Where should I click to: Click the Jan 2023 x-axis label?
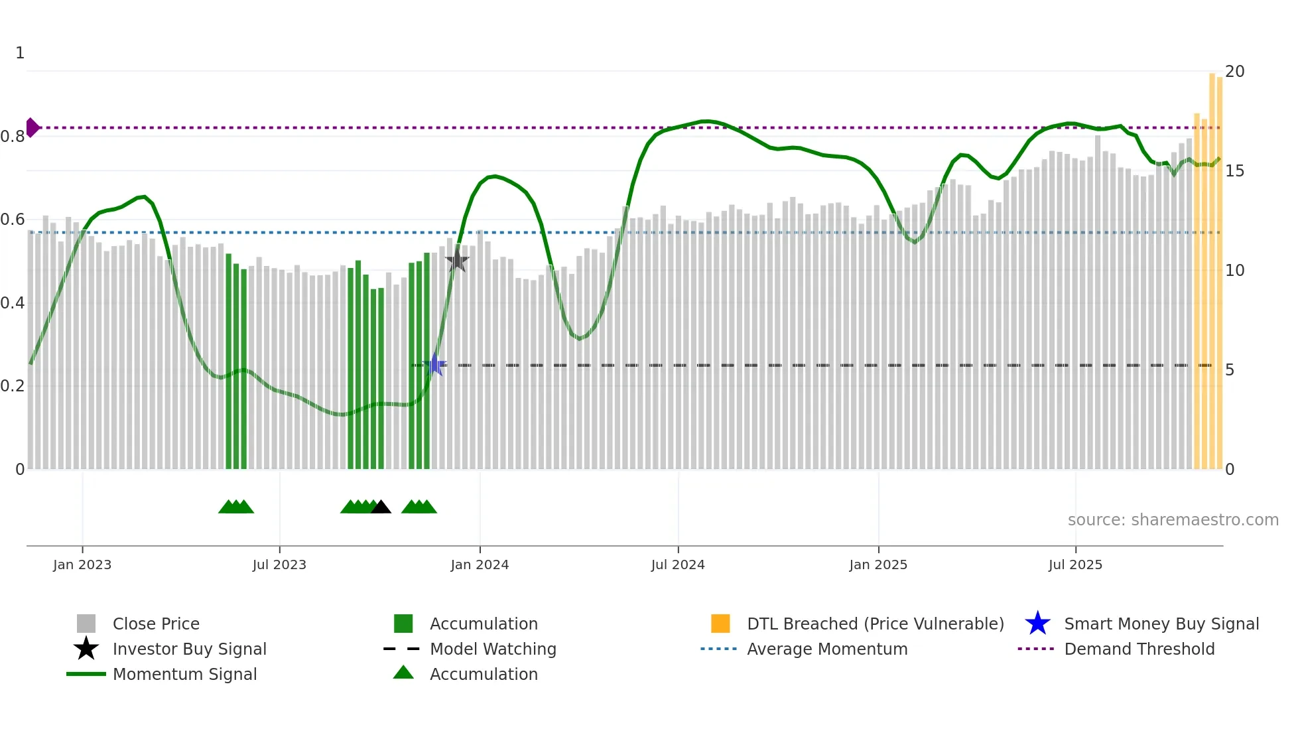click(x=82, y=565)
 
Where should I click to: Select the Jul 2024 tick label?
click(x=678, y=565)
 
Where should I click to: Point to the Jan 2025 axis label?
click(x=878, y=565)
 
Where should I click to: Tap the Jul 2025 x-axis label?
click(x=1075, y=565)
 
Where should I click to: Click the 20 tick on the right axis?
click(x=1234, y=72)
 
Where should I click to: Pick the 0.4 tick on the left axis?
click(x=13, y=303)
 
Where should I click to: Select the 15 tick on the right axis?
click(x=1234, y=171)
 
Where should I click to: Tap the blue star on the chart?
click(x=434, y=365)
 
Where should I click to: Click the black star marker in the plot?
click(x=457, y=260)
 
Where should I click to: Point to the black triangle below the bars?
click(x=381, y=507)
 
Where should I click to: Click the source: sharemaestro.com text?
click(x=1173, y=520)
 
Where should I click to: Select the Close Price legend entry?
click(x=156, y=624)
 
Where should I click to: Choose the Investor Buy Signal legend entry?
click(x=189, y=649)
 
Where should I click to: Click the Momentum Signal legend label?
click(x=184, y=675)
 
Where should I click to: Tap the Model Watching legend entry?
click(x=493, y=649)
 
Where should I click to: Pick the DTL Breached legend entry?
click(x=875, y=624)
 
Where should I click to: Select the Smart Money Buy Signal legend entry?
click(x=1161, y=624)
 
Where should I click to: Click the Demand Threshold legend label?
click(x=1139, y=649)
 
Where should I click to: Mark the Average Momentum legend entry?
click(x=826, y=649)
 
